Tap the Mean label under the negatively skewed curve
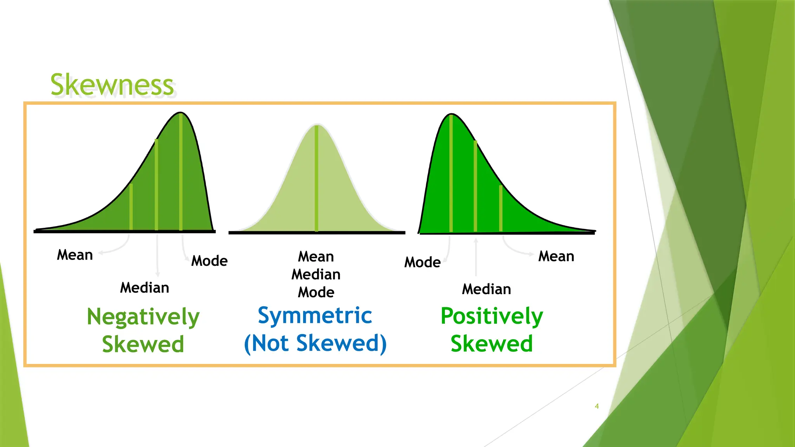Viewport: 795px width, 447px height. coord(75,255)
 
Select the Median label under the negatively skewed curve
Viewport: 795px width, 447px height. coord(144,288)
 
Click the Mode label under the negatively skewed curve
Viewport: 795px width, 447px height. coord(209,261)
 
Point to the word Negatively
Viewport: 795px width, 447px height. coord(143,317)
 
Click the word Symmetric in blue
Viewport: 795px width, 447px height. coord(315,315)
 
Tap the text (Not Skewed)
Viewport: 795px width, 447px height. coord(315,343)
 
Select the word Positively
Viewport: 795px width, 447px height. coord(491,316)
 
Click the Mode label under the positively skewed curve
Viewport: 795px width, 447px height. coord(422,262)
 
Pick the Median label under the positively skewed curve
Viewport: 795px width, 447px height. coord(486,289)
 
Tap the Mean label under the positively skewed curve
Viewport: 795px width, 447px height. coord(556,256)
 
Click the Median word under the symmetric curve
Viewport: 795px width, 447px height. coord(316,274)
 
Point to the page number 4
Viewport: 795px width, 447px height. coord(597,406)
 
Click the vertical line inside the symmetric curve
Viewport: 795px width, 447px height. coord(317,178)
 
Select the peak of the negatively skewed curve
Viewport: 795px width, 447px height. coord(181,113)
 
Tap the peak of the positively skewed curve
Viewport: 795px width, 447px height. coord(451,114)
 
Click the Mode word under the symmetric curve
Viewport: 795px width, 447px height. coord(316,292)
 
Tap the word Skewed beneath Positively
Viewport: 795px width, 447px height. coord(491,344)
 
